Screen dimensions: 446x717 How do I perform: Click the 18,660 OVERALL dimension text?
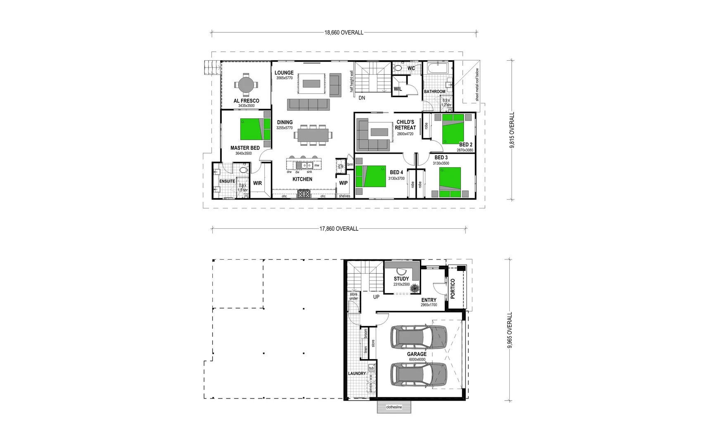(344, 33)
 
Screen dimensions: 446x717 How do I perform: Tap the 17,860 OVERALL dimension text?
(339, 229)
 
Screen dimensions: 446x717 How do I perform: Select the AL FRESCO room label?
(246, 101)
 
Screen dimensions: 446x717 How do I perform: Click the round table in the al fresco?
(246, 85)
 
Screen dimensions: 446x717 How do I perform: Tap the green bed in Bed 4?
(371, 176)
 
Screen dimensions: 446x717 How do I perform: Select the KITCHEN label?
(302, 179)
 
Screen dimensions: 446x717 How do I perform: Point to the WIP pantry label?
(343, 183)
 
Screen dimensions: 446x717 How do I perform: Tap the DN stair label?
(362, 98)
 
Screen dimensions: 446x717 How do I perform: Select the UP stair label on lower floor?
(376, 297)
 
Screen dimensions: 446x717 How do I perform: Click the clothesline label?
(394, 407)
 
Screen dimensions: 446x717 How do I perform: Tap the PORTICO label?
(453, 288)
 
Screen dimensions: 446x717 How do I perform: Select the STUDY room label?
(401, 279)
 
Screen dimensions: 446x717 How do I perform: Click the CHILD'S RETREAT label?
(405, 125)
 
